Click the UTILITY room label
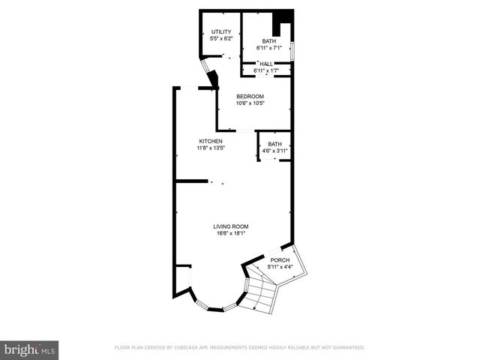tap(220, 31)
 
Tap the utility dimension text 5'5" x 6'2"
tap(220, 38)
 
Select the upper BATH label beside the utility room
tap(268, 41)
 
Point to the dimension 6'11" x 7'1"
tap(268, 48)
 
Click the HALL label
tap(266, 64)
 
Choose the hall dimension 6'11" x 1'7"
tap(266, 70)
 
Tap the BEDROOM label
tap(250, 96)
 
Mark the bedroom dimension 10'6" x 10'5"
tap(250, 103)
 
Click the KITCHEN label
tap(211, 141)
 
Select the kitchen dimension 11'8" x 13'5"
tap(211, 148)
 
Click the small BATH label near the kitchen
tap(275, 144)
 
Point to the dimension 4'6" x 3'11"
tap(275, 151)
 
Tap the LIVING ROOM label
tap(231, 226)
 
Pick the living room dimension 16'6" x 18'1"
tap(231, 233)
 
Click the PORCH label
tap(280, 260)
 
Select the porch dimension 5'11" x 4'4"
tap(280, 267)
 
